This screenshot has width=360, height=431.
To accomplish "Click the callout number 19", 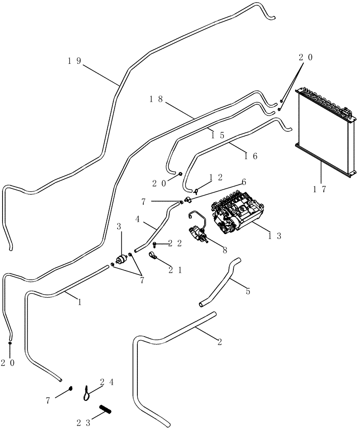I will [x=74, y=61].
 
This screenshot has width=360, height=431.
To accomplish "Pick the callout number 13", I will [x=274, y=235].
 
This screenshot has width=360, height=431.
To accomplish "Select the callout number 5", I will [x=248, y=292].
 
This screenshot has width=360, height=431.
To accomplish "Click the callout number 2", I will [x=220, y=342].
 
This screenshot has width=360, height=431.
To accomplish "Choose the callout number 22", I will [x=176, y=244].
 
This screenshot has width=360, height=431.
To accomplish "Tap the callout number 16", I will [x=251, y=156].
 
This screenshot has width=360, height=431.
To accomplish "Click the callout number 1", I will [x=80, y=302].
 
